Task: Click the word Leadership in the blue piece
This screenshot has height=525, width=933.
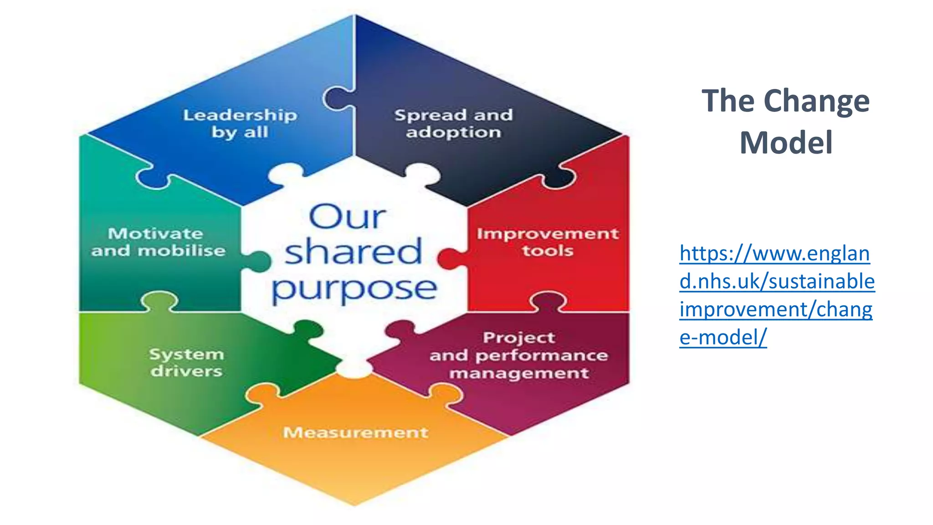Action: coord(240,115)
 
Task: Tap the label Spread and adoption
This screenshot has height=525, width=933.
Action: coord(453,124)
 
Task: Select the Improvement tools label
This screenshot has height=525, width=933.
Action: coord(548,242)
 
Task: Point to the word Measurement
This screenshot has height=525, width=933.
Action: coord(355,432)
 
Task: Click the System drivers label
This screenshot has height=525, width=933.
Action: coord(186,363)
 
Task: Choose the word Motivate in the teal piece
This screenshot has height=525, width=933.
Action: coord(155,233)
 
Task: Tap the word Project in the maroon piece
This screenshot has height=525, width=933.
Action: coord(519,338)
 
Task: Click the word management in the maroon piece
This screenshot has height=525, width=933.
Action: coord(519,373)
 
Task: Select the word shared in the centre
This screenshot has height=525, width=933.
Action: coord(353,252)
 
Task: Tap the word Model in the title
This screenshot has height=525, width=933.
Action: coord(786,143)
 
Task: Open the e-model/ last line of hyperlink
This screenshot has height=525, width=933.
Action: coord(723,338)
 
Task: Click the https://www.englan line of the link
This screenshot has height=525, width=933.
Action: coord(774,253)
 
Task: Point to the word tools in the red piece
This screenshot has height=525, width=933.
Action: coord(548,251)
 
